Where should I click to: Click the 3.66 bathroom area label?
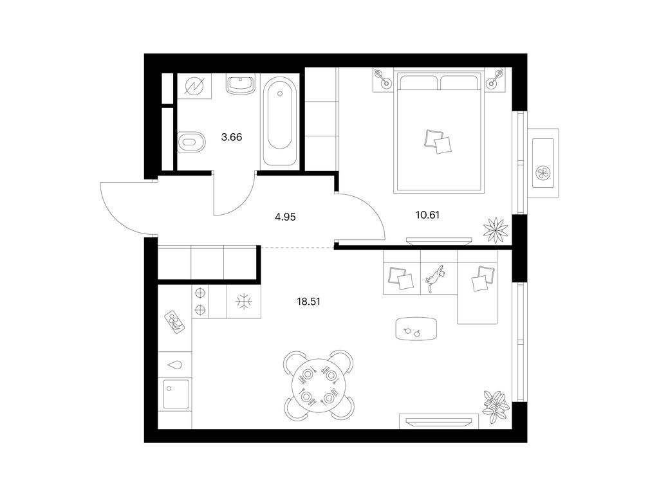(232, 137)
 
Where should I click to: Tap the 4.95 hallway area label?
(285, 217)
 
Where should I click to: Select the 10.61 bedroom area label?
(427, 215)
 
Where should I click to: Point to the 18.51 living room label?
(308, 301)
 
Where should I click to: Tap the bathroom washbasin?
(241, 84)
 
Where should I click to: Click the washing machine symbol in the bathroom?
(194, 87)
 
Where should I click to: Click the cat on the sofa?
(436, 278)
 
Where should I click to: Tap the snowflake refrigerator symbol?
(244, 302)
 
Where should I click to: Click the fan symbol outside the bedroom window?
(543, 172)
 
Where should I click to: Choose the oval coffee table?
(416, 329)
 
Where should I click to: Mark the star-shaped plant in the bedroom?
(496, 230)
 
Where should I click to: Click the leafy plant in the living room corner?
(496, 407)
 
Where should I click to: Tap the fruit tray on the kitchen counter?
(175, 322)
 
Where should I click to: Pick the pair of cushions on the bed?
(438, 142)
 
